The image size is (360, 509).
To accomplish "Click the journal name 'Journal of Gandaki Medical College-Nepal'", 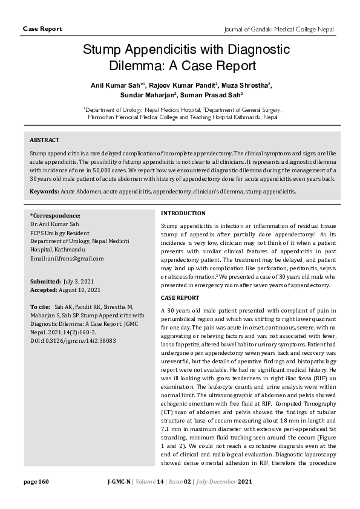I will (x=280, y=28).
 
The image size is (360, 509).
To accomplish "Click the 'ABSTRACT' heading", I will (x=45, y=140).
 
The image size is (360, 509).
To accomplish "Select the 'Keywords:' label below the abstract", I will (x=44, y=191).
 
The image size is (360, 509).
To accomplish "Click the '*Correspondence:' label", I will (x=55, y=215).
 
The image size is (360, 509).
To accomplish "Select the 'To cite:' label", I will (x=41, y=307).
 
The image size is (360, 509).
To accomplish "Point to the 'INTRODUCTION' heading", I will (x=183, y=213).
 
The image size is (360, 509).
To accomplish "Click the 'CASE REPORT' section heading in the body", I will (x=180, y=298).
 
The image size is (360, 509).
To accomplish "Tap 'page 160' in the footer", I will (x=36, y=481).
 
